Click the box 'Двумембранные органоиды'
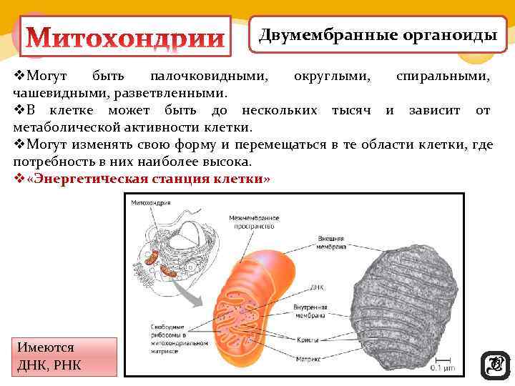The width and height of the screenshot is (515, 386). (x=378, y=35)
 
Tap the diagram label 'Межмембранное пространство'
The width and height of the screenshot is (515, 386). (x=252, y=222)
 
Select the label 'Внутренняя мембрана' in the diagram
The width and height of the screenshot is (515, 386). (x=310, y=310)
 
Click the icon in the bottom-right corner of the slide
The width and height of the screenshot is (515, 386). (x=493, y=364)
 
